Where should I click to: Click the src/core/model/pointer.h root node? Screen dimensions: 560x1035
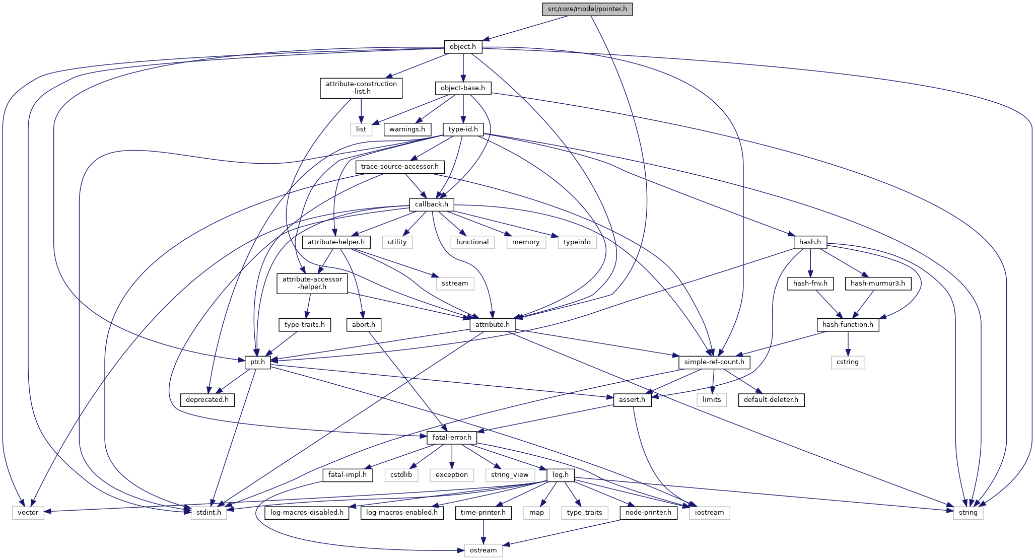pos(587,9)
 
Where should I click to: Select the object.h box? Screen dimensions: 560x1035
pos(463,47)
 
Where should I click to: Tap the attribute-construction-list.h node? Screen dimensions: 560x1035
pos(361,88)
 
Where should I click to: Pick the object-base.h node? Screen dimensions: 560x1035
pos(462,88)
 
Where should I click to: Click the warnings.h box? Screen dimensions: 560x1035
pos(407,129)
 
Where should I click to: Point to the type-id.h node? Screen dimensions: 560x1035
pos(463,129)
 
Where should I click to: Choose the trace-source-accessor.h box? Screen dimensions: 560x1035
pos(399,167)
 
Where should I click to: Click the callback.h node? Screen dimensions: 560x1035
pos(431,204)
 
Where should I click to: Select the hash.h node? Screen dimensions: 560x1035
pos(810,242)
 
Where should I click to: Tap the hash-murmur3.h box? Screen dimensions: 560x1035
pos(877,284)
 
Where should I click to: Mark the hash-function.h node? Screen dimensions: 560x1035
pos(848,325)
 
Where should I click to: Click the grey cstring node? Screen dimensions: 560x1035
pos(848,362)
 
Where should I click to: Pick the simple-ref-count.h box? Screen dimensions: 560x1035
pos(714,362)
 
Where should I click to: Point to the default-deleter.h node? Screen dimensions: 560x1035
pos(771,400)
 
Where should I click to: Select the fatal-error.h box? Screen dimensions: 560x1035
pos(452,438)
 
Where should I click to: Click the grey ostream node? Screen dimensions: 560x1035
pos(483,550)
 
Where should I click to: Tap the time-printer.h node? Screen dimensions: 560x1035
pos(484,513)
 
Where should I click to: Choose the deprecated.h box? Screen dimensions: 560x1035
pos(207,400)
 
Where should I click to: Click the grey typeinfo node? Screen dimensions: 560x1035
pos(577,242)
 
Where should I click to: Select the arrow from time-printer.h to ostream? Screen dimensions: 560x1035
pos(484,531)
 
